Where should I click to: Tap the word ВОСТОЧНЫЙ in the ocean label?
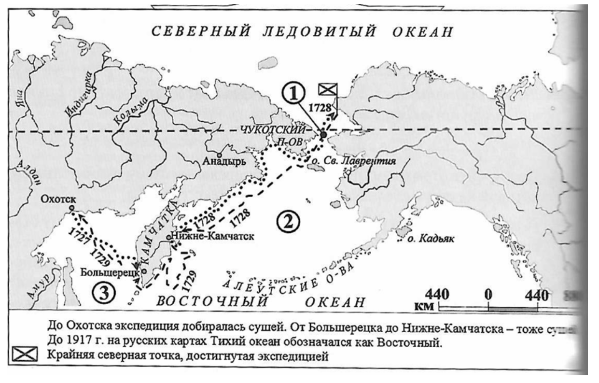212,302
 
